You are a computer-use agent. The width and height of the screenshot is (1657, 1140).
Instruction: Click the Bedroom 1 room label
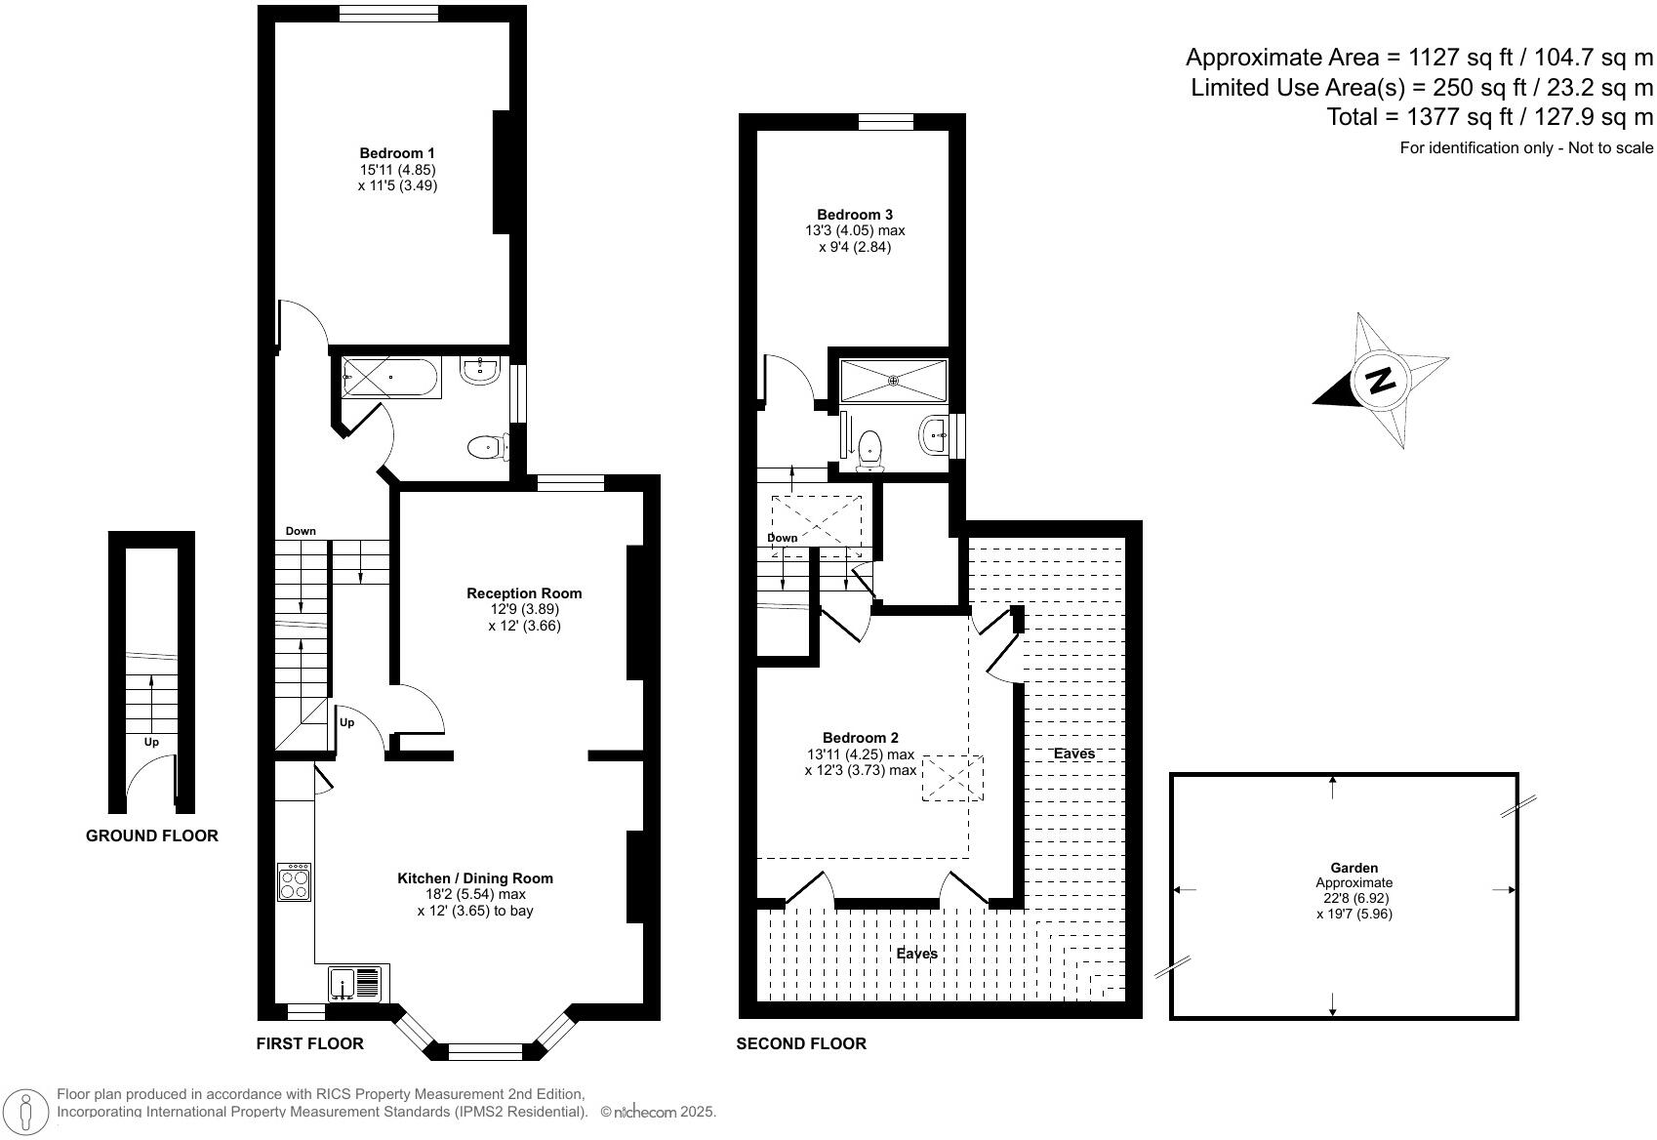pos(397,153)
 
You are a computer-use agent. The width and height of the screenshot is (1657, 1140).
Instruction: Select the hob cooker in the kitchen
pos(294,882)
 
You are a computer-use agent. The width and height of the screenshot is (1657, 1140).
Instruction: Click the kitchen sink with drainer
pos(355,983)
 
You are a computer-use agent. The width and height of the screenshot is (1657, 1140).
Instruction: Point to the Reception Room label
pos(524,593)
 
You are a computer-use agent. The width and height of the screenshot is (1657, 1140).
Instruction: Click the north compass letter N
pos(1380,380)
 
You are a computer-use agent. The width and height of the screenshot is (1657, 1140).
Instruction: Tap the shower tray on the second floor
pos(893,380)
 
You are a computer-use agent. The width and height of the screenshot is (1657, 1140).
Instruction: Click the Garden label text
pos(1354,868)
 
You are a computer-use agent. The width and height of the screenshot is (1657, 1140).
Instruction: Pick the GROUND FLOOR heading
pos(152,835)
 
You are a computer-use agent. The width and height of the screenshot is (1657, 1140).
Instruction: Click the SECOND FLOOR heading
pos(801,1043)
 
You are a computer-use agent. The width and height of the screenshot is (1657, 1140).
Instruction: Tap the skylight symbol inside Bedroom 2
pos(952,778)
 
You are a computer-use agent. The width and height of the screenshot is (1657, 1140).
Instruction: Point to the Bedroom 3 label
pos(855,215)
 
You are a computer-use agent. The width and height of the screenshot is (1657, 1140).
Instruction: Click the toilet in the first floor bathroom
pos(486,448)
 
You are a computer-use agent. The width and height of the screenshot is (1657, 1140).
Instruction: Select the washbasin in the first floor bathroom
pos(480,370)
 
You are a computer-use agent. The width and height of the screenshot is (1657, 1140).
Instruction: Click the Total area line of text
pos(1489,117)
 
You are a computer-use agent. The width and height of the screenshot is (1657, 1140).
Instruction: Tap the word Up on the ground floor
pos(151,742)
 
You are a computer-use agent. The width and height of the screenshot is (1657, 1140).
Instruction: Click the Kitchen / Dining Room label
pos(475,878)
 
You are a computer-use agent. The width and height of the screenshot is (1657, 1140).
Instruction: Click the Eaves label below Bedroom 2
pos(917,954)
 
